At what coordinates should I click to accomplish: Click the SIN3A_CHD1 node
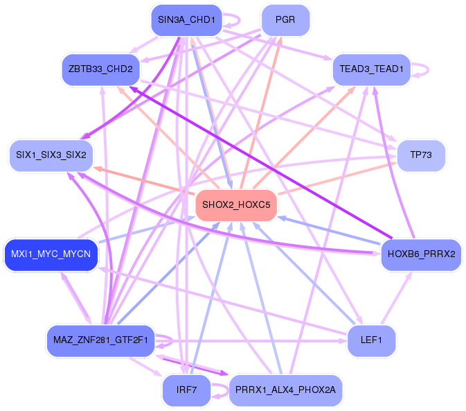[x=186, y=20]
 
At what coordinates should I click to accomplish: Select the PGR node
[x=285, y=20]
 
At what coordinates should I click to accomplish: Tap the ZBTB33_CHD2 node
[x=100, y=69]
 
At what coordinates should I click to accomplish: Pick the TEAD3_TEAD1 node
[x=372, y=69]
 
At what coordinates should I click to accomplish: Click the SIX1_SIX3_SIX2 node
[x=51, y=154]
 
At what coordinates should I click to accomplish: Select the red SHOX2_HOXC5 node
[x=236, y=205]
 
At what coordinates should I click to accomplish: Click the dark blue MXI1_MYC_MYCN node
[x=51, y=254]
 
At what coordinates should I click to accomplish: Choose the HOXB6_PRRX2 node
[x=421, y=254]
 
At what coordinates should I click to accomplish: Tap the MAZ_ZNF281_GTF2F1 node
[x=100, y=340]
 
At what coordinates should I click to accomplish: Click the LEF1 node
[x=371, y=340]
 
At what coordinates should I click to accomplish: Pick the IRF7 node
[x=187, y=390]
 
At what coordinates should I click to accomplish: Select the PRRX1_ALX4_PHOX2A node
[x=285, y=390]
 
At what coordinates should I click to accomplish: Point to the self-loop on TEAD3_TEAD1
[x=424, y=69]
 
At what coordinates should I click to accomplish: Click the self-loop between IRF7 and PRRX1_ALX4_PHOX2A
[x=221, y=391]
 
